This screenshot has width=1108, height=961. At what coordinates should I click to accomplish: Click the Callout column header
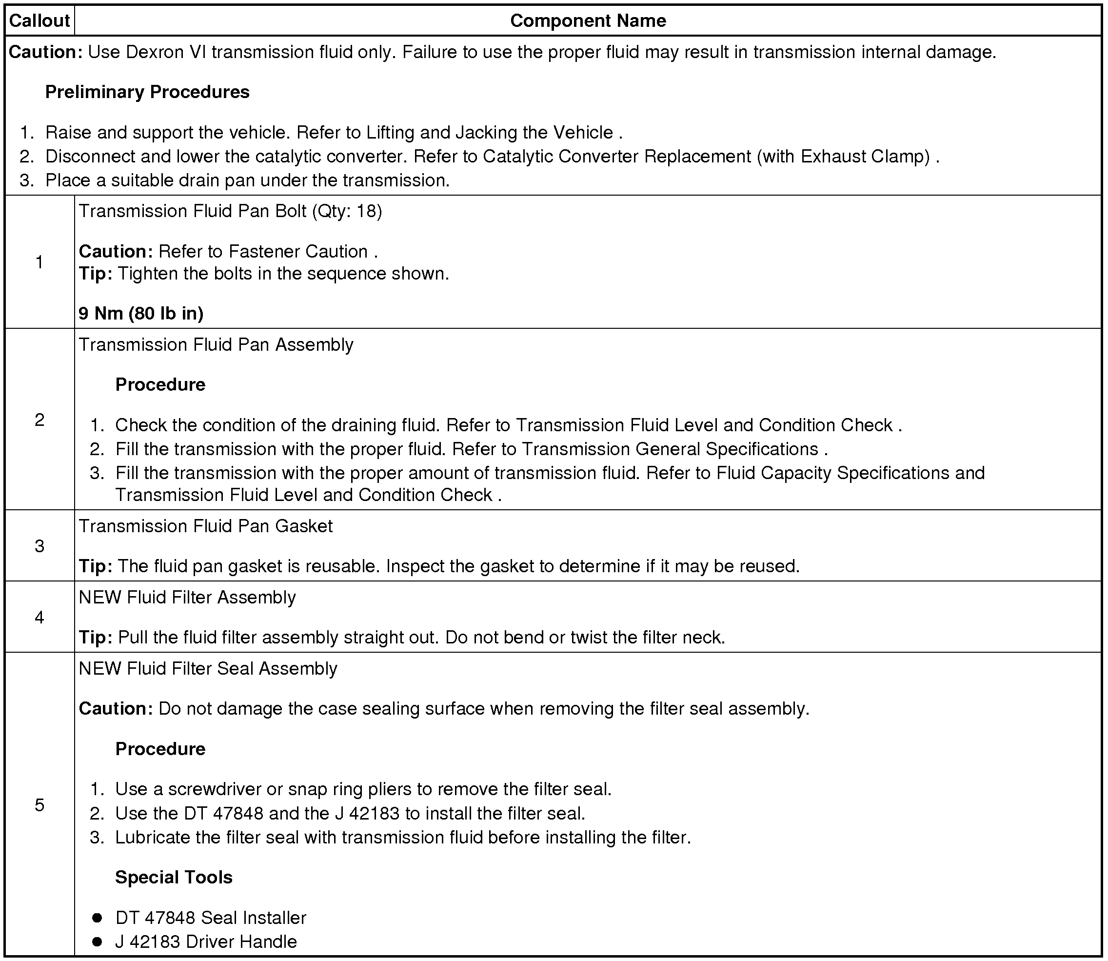[39, 21]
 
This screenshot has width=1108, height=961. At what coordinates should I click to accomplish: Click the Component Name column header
[588, 21]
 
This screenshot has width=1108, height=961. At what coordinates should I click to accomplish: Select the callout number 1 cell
[39, 261]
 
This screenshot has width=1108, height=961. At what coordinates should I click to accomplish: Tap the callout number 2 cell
[39, 420]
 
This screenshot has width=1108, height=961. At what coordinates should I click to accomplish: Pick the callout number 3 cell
[39, 546]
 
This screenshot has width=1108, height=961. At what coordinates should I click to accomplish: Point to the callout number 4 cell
[39, 617]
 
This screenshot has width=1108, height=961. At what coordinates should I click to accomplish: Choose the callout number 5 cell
[39, 804]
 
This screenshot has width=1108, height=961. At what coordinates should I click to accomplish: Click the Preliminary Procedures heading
[147, 92]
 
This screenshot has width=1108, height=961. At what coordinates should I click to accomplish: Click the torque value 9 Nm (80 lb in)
[141, 313]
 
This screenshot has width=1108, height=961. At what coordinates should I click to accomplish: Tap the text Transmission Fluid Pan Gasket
[205, 526]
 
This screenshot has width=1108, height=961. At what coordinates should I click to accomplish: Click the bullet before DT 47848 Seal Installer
[97, 918]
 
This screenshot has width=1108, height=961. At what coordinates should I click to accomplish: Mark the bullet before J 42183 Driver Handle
[97, 941]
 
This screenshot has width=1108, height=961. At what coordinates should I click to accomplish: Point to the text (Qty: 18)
[347, 211]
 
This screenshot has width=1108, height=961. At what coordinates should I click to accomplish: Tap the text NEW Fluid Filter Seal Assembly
[208, 669]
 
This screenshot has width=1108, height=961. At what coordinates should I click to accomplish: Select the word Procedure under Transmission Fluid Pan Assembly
[160, 384]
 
